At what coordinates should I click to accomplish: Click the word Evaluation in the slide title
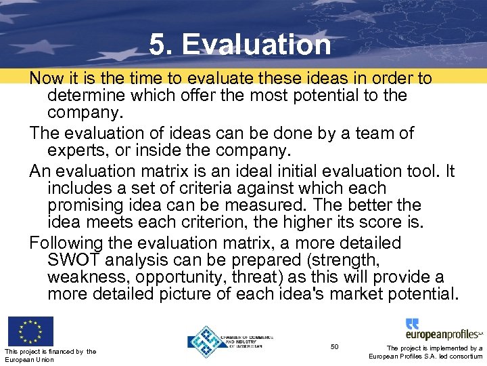(256, 45)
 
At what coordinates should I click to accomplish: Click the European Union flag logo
(30, 331)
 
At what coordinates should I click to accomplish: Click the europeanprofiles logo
(443, 329)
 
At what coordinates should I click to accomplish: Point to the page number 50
(334, 347)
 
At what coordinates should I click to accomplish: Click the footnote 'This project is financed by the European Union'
(50, 355)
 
